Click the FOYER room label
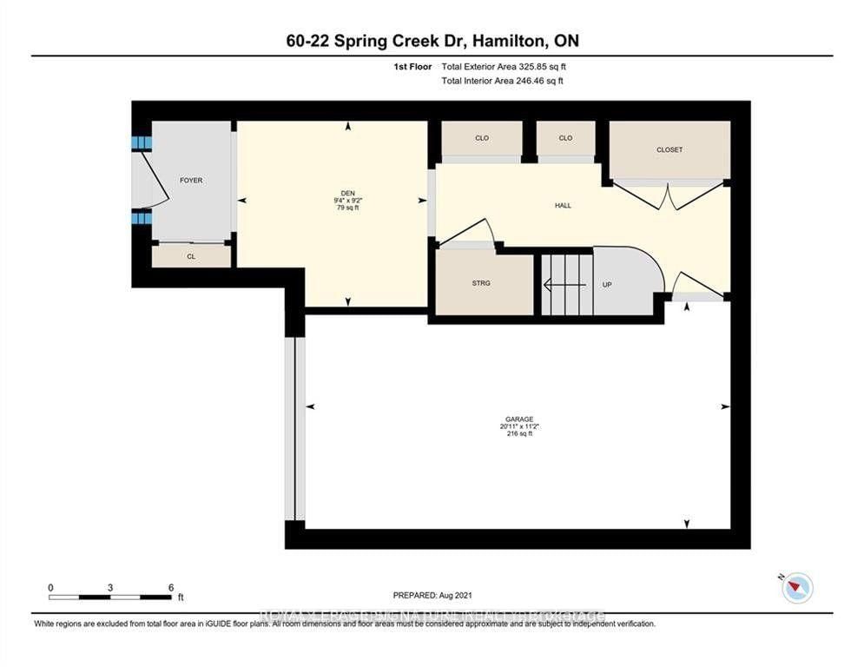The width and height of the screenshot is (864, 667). [x=191, y=181]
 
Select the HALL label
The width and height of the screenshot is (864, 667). [x=563, y=206]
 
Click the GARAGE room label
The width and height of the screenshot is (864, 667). [x=515, y=419]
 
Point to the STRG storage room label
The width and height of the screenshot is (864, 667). [x=482, y=283]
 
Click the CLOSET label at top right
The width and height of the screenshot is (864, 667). [x=669, y=150]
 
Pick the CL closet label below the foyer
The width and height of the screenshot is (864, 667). [x=191, y=257]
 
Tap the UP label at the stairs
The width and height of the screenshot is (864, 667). [x=607, y=284]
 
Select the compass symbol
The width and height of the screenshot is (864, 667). [x=796, y=588]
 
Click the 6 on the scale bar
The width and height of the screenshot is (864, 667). [x=172, y=587]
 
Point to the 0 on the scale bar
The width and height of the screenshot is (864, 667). [x=51, y=587]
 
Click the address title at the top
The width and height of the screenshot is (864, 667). [x=432, y=42]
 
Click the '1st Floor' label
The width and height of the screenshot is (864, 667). [x=412, y=66]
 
